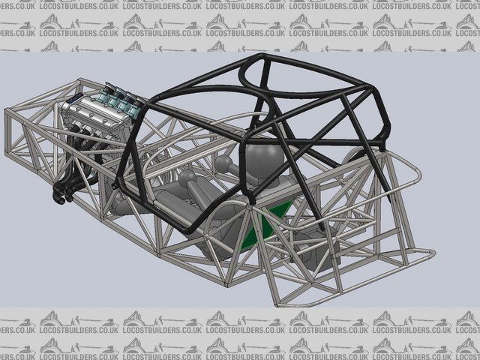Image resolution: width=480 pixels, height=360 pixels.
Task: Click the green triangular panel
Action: coord(265,226)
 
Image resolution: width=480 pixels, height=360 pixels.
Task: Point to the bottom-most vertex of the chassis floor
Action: coord(226,286)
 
